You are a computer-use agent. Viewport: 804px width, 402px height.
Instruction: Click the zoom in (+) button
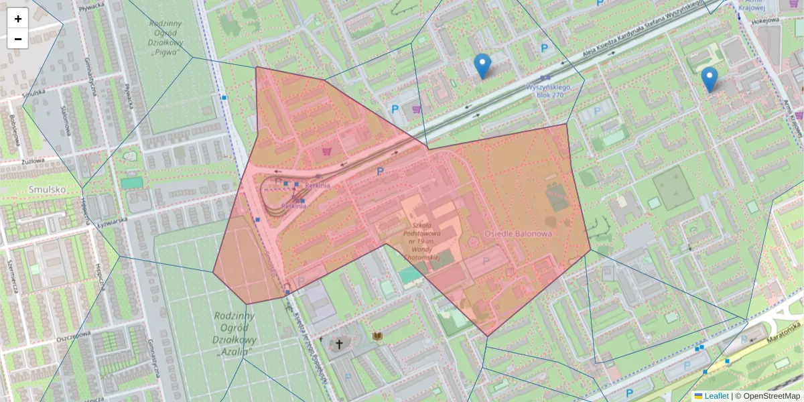(x=18, y=19)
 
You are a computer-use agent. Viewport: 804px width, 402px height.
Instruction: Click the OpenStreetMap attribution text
(x=771, y=396)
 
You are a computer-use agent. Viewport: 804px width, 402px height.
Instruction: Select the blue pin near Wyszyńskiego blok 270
(x=482, y=66)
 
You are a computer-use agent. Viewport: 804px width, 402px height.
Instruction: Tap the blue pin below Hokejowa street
(x=710, y=79)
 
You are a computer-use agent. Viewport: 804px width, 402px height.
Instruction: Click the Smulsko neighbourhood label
(x=47, y=190)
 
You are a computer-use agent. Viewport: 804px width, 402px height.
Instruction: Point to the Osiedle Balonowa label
(x=518, y=234)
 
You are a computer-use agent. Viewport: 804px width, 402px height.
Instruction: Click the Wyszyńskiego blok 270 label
(x=547, y=90)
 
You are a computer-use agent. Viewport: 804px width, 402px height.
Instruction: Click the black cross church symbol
(x=339, y=344)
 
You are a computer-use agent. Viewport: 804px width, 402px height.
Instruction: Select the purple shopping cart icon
(x=417, y=109)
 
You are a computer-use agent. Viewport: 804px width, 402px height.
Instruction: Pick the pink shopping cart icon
(x=327, y=151)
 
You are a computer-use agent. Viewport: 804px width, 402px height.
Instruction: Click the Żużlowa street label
(x=31, y=161)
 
